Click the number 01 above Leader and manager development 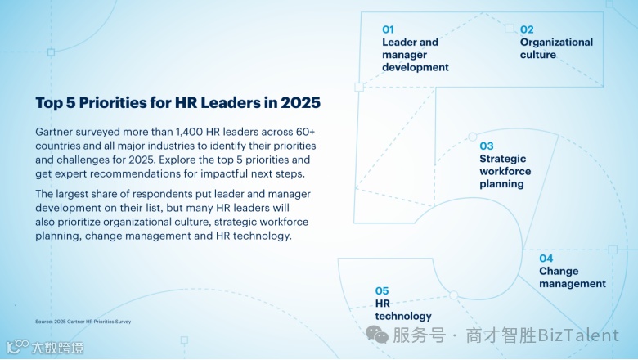point(388,29)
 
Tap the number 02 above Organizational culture point(527,29)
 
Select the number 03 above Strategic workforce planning point(486,146)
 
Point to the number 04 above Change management point(546,259)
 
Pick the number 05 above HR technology point(382,290)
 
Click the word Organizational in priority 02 point(556,43)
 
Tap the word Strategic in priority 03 point(502,159)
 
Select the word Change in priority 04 point(559,272)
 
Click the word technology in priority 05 point(403,316)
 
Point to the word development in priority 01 point(415,68)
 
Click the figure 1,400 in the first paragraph point(190,132)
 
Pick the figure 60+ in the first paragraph point(306,132)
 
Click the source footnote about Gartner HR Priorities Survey point(83,322)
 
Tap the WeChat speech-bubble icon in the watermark point(377,335)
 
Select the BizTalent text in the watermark point(578,335)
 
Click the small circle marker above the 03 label point(473,137)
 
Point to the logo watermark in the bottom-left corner point(45,348)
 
